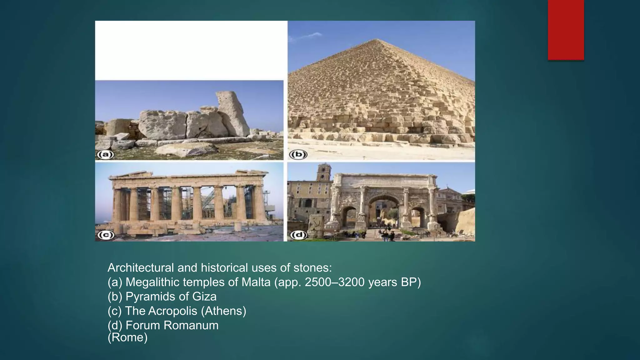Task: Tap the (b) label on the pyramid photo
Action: coord(298,154)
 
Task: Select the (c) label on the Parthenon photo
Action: coord(105,235)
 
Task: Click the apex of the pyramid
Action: coord(377,39)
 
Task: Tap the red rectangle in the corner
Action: coord(566,30)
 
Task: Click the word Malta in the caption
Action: coord(256,282)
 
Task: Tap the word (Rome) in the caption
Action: coord(127,337)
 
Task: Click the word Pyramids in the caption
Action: coord(149,297)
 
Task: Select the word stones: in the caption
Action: coord(312,268)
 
